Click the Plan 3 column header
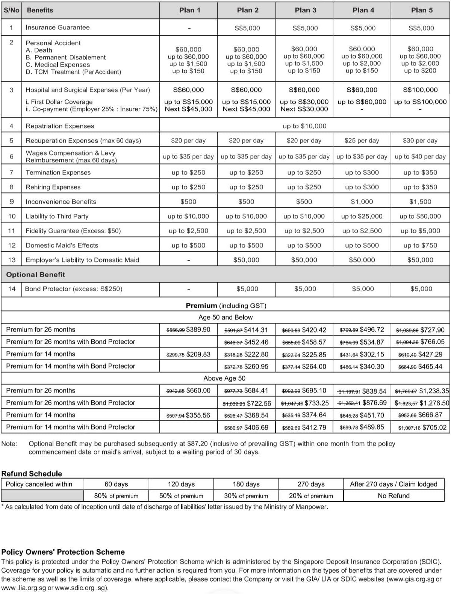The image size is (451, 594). (x=305, y=10)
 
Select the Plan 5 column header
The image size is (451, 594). (x=422, y=10)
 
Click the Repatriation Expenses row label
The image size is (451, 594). (x=60, y=126)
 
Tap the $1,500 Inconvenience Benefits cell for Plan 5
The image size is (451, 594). (x=420, y=202)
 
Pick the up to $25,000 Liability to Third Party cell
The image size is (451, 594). (x=362, y=216)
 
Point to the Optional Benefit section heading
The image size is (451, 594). (x=36, y=275)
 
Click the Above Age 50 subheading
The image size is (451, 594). (x=224, y=378)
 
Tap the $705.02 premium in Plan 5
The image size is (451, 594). (x=434, y=427)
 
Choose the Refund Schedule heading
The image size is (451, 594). (x=32, y=473)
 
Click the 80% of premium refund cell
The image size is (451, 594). (x=116, y=496)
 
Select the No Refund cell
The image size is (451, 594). (x=393, y=496)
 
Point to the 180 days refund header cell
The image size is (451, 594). (x=246, y=484)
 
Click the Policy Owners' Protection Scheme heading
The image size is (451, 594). (x=63, y=552)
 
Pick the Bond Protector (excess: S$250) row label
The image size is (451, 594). (x=74, y=289)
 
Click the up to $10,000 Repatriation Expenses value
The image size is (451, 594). (x=304, y=126)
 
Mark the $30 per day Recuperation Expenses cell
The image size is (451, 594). (x=420, y=141)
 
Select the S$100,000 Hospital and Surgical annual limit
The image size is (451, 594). (x=420, y=90)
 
